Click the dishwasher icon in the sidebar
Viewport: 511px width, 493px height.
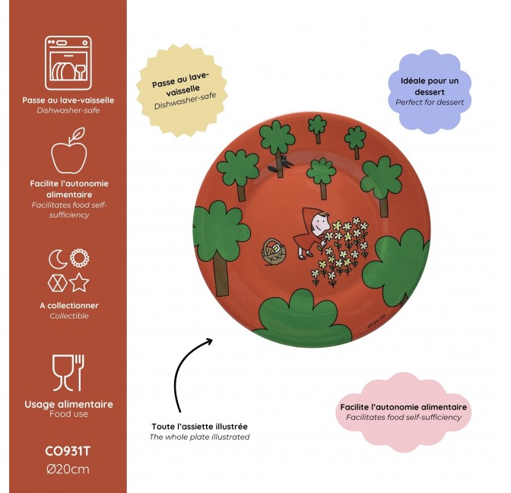[68, 63]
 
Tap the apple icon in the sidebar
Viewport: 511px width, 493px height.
[69, 151]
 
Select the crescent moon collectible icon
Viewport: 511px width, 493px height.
[57, 259]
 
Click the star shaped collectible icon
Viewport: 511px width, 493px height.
[79, 282]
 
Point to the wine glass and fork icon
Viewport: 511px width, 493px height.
[68, 373]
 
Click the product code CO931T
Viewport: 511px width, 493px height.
[68, 452]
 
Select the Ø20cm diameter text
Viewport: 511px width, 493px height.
[68, 469]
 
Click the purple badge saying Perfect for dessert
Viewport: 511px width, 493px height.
[430, 91]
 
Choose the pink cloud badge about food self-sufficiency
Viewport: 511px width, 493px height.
[404, 412]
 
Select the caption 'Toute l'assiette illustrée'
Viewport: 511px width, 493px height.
[199, 427]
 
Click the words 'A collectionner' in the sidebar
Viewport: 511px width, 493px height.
[69, 306]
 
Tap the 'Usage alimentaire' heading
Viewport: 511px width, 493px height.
[68, 404]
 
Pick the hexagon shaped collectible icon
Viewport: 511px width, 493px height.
[57, 283]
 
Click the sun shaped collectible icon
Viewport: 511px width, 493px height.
[79, 258]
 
